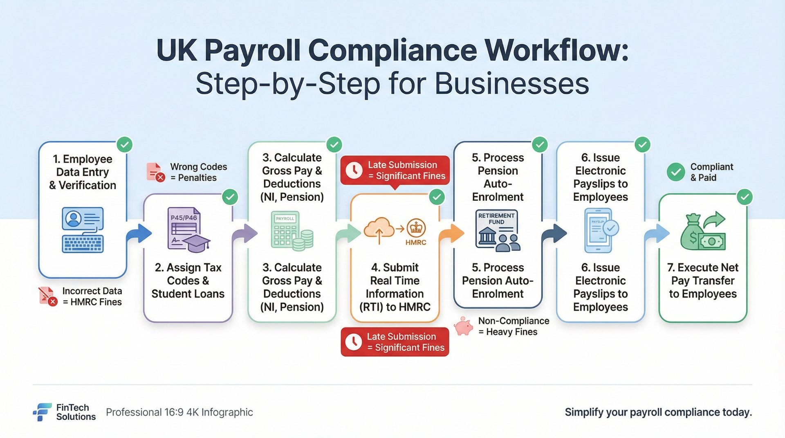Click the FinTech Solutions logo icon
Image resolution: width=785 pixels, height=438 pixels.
pyautogui.click(x=42, y=412)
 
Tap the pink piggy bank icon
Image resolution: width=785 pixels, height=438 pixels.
pyautogui.click(x=464, y=326)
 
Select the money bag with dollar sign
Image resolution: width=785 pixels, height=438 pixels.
pyautogui.click(x=692, y=233)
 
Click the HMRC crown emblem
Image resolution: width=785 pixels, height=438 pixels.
pyautogui.click(x=416, y=228)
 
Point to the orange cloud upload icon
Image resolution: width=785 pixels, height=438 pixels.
pyautogui.click(x=379, y=229)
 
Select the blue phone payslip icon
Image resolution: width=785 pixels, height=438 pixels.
pyautogui.click(x=599, y=230)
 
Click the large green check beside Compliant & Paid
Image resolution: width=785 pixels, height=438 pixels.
pyautogui.click(x=675, y=172)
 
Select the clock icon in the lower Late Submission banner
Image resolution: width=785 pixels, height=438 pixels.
pyautogui.click(x=353, y=342)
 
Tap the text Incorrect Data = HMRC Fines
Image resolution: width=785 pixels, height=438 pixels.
pyautogui.click(x=92, y=296)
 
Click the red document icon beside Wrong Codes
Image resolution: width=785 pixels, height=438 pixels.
pyautogui.click(x=155, y=172)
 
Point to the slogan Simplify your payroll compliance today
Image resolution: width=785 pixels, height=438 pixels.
pyautogui.click(x=658, y=412)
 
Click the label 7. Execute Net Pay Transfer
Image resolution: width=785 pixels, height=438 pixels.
pyautogui.click(x=703, y=281)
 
